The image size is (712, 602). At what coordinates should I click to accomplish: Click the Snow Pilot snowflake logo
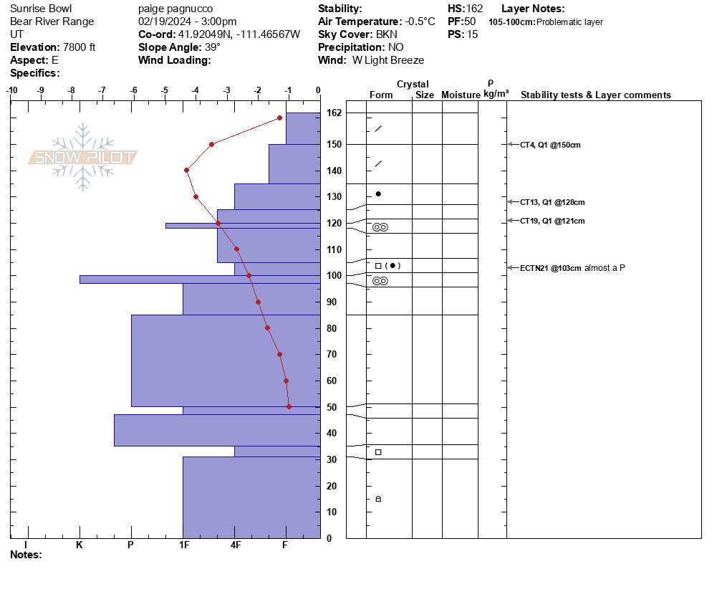[82, 157]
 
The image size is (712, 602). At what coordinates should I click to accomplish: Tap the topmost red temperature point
[279, 118]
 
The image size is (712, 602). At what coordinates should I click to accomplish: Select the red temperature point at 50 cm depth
[289, 406]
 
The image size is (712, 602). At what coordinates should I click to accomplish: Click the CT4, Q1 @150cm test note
[550, 145]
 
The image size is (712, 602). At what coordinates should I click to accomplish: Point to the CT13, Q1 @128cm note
[552, 202]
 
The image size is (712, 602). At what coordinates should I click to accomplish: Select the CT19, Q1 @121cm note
[552, 221]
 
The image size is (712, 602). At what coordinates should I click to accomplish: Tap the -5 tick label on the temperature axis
[164, 90]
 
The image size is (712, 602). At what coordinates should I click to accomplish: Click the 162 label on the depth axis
[335, 113]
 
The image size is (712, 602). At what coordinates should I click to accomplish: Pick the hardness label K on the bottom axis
[80, 545]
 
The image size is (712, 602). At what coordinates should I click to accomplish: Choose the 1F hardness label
[184, 545]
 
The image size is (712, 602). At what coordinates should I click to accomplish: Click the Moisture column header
[461, 95]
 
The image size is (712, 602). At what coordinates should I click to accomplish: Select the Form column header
[381, 95]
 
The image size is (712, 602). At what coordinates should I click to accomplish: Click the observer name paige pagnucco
[175, 9]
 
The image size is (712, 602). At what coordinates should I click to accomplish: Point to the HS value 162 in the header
[474, 9]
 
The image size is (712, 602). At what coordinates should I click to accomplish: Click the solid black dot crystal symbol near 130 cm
[378, 194]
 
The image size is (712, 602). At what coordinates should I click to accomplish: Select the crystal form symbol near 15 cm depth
[378, 499]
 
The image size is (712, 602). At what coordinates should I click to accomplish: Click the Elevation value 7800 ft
[79, 47]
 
